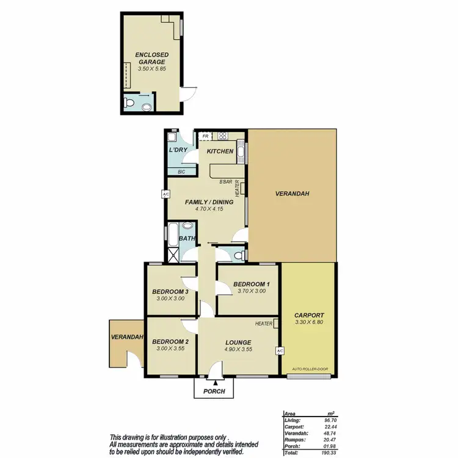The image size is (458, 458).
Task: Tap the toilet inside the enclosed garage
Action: coord(128,104)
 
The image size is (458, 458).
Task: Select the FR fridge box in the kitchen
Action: coord(206,136)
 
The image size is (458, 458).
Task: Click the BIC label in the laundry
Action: coord(181,172)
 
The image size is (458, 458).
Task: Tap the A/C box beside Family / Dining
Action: coord(165,195)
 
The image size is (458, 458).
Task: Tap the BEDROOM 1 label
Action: coord(250,284)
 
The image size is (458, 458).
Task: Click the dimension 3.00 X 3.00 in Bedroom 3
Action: coord(170,299)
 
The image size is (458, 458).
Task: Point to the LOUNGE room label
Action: coord(238,341)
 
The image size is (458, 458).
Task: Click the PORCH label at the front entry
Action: coord(214,391)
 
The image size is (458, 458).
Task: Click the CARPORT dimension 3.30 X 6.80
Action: coord(309,321)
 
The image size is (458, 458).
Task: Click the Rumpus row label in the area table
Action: coord(294,439)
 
